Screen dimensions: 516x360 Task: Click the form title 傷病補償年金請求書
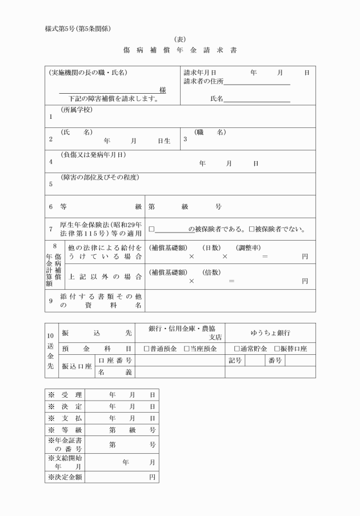tap(180, 50)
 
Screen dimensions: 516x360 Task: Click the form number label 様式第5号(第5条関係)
tap(77, 29)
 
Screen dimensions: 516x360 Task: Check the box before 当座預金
tap(186, 349)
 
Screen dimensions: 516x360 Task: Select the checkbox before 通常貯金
tap(237, 349)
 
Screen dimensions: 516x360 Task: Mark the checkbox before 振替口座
tap(277, 349)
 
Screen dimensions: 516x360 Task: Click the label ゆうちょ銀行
tap(270, 333)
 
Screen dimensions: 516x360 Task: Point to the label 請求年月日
tap(200, 73)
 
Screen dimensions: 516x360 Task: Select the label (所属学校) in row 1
tap(77, 110)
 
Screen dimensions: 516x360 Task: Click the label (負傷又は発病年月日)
tap(93, 155)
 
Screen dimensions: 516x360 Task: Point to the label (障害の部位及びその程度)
tap(99, 177)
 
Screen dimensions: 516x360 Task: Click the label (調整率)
tap(249, 248)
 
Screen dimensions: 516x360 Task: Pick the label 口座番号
tap(115, 361)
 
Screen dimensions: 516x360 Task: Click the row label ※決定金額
tap(65, 477)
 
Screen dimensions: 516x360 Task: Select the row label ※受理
tap(65, 395)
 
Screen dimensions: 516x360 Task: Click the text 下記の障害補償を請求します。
tap(109, 99)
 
